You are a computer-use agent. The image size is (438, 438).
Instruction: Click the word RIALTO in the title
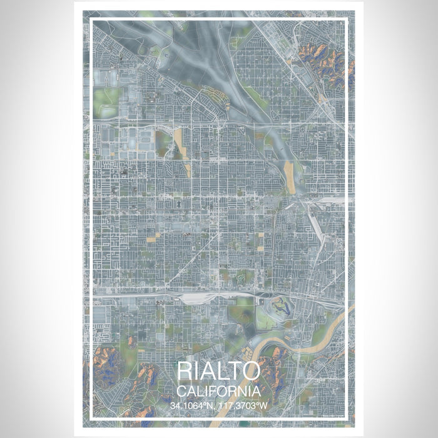219,370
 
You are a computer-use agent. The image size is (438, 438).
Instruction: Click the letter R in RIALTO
185,370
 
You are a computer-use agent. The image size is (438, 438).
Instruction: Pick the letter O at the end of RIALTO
251,370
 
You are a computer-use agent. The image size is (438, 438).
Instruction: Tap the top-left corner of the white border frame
91,21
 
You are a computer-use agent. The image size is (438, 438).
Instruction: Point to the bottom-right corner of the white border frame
347,417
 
